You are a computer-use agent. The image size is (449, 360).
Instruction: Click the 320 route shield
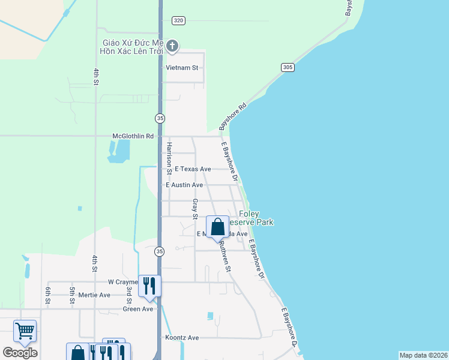pos(178,20)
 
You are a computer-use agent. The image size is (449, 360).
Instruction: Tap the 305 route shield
pos(288,68)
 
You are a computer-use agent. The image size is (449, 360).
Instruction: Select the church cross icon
pos(172,46)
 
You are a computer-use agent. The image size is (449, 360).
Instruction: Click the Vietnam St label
pos(182,68)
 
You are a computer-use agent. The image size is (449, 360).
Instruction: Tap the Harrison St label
pos(169,158)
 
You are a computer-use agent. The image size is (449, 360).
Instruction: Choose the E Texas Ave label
pos(193,169)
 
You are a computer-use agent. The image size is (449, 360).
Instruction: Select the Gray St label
pos(195,208)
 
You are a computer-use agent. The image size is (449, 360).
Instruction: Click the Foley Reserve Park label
pos(257,218)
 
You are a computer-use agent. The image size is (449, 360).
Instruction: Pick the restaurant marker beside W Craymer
pos(149,286)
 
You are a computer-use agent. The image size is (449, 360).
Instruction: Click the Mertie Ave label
pos(97,295)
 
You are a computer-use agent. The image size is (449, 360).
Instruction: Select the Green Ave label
pos(139,309)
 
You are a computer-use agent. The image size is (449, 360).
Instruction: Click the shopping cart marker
pos(25,331)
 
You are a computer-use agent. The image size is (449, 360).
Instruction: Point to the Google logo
pos(20,352)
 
